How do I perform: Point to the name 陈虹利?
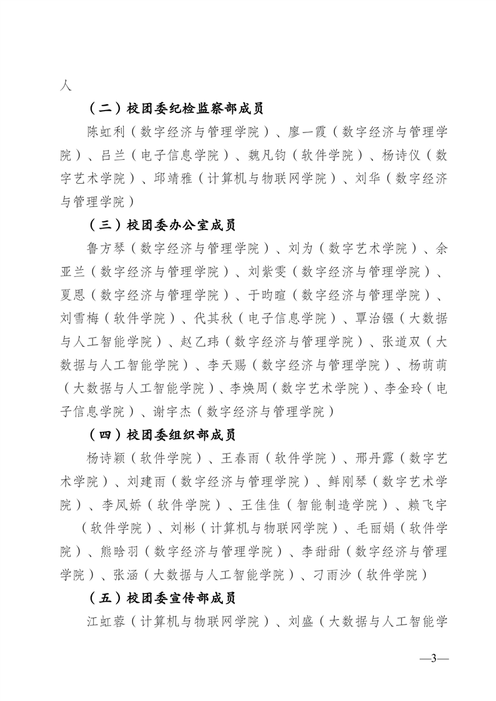click(x=107, y=132)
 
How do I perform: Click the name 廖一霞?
click(x=305, y=132)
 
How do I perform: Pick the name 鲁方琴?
click(x=107, y=249)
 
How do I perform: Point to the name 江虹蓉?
click(x=107, y=622)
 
